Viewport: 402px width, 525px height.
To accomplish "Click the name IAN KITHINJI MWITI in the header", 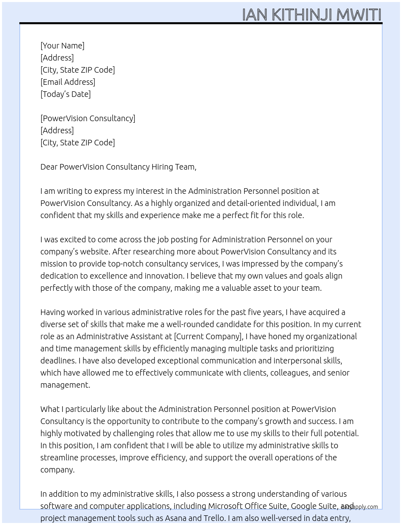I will click(312, 15).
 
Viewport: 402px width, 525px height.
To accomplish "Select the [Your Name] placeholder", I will click(62, 46).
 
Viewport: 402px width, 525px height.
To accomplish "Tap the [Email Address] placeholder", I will click(68, 82).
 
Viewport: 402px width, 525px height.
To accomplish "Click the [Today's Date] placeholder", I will click(65, 94).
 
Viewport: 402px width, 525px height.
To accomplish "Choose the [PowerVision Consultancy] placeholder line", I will click(88, 118).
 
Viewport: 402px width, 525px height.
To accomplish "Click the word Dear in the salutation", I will click(49, 167).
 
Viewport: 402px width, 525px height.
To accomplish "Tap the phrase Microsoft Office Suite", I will click(247, 506).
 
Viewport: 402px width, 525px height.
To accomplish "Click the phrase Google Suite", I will click(314, 506).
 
